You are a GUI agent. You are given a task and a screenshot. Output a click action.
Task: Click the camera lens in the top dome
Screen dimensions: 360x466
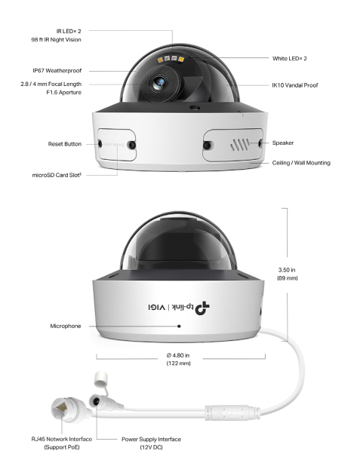(158, 83)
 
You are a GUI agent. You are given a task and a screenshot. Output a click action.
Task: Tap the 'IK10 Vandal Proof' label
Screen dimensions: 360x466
(295, 85)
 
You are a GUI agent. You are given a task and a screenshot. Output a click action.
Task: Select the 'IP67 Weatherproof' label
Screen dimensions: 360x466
(57, 71)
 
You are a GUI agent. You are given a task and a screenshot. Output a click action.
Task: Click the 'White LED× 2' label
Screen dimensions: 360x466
(290, 59)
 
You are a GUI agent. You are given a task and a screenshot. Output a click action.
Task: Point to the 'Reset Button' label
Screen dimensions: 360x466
(65, 144)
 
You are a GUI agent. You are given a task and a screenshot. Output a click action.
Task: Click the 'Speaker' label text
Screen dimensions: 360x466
(283, 143)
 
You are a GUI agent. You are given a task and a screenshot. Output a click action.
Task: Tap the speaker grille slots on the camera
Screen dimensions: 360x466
(239, 145)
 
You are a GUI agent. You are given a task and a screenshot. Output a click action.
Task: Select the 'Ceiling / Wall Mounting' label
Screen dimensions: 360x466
(301, 163)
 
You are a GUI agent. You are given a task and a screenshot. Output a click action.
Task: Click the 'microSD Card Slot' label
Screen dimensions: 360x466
(57, 175)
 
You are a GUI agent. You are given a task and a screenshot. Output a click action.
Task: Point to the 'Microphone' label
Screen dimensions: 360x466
(66, 326)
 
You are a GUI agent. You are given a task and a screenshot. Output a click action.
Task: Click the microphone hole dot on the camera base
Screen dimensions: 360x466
(179, 326)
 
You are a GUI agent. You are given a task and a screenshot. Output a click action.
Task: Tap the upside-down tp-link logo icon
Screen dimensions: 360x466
(202, 308)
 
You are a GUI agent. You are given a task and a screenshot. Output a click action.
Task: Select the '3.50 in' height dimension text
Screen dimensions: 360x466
(287, 270)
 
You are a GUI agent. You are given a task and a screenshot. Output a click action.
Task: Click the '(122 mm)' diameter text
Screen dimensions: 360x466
(179, 363)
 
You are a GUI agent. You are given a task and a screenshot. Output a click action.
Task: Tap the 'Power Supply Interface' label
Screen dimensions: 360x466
(151, 440)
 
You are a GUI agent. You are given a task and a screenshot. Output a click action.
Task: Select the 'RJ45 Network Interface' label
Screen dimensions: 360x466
(62, 440)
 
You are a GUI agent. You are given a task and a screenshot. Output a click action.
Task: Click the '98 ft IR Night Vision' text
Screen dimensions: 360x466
(57, 39)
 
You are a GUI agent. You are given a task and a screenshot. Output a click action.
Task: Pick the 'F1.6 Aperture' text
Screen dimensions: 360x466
(63, 93)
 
